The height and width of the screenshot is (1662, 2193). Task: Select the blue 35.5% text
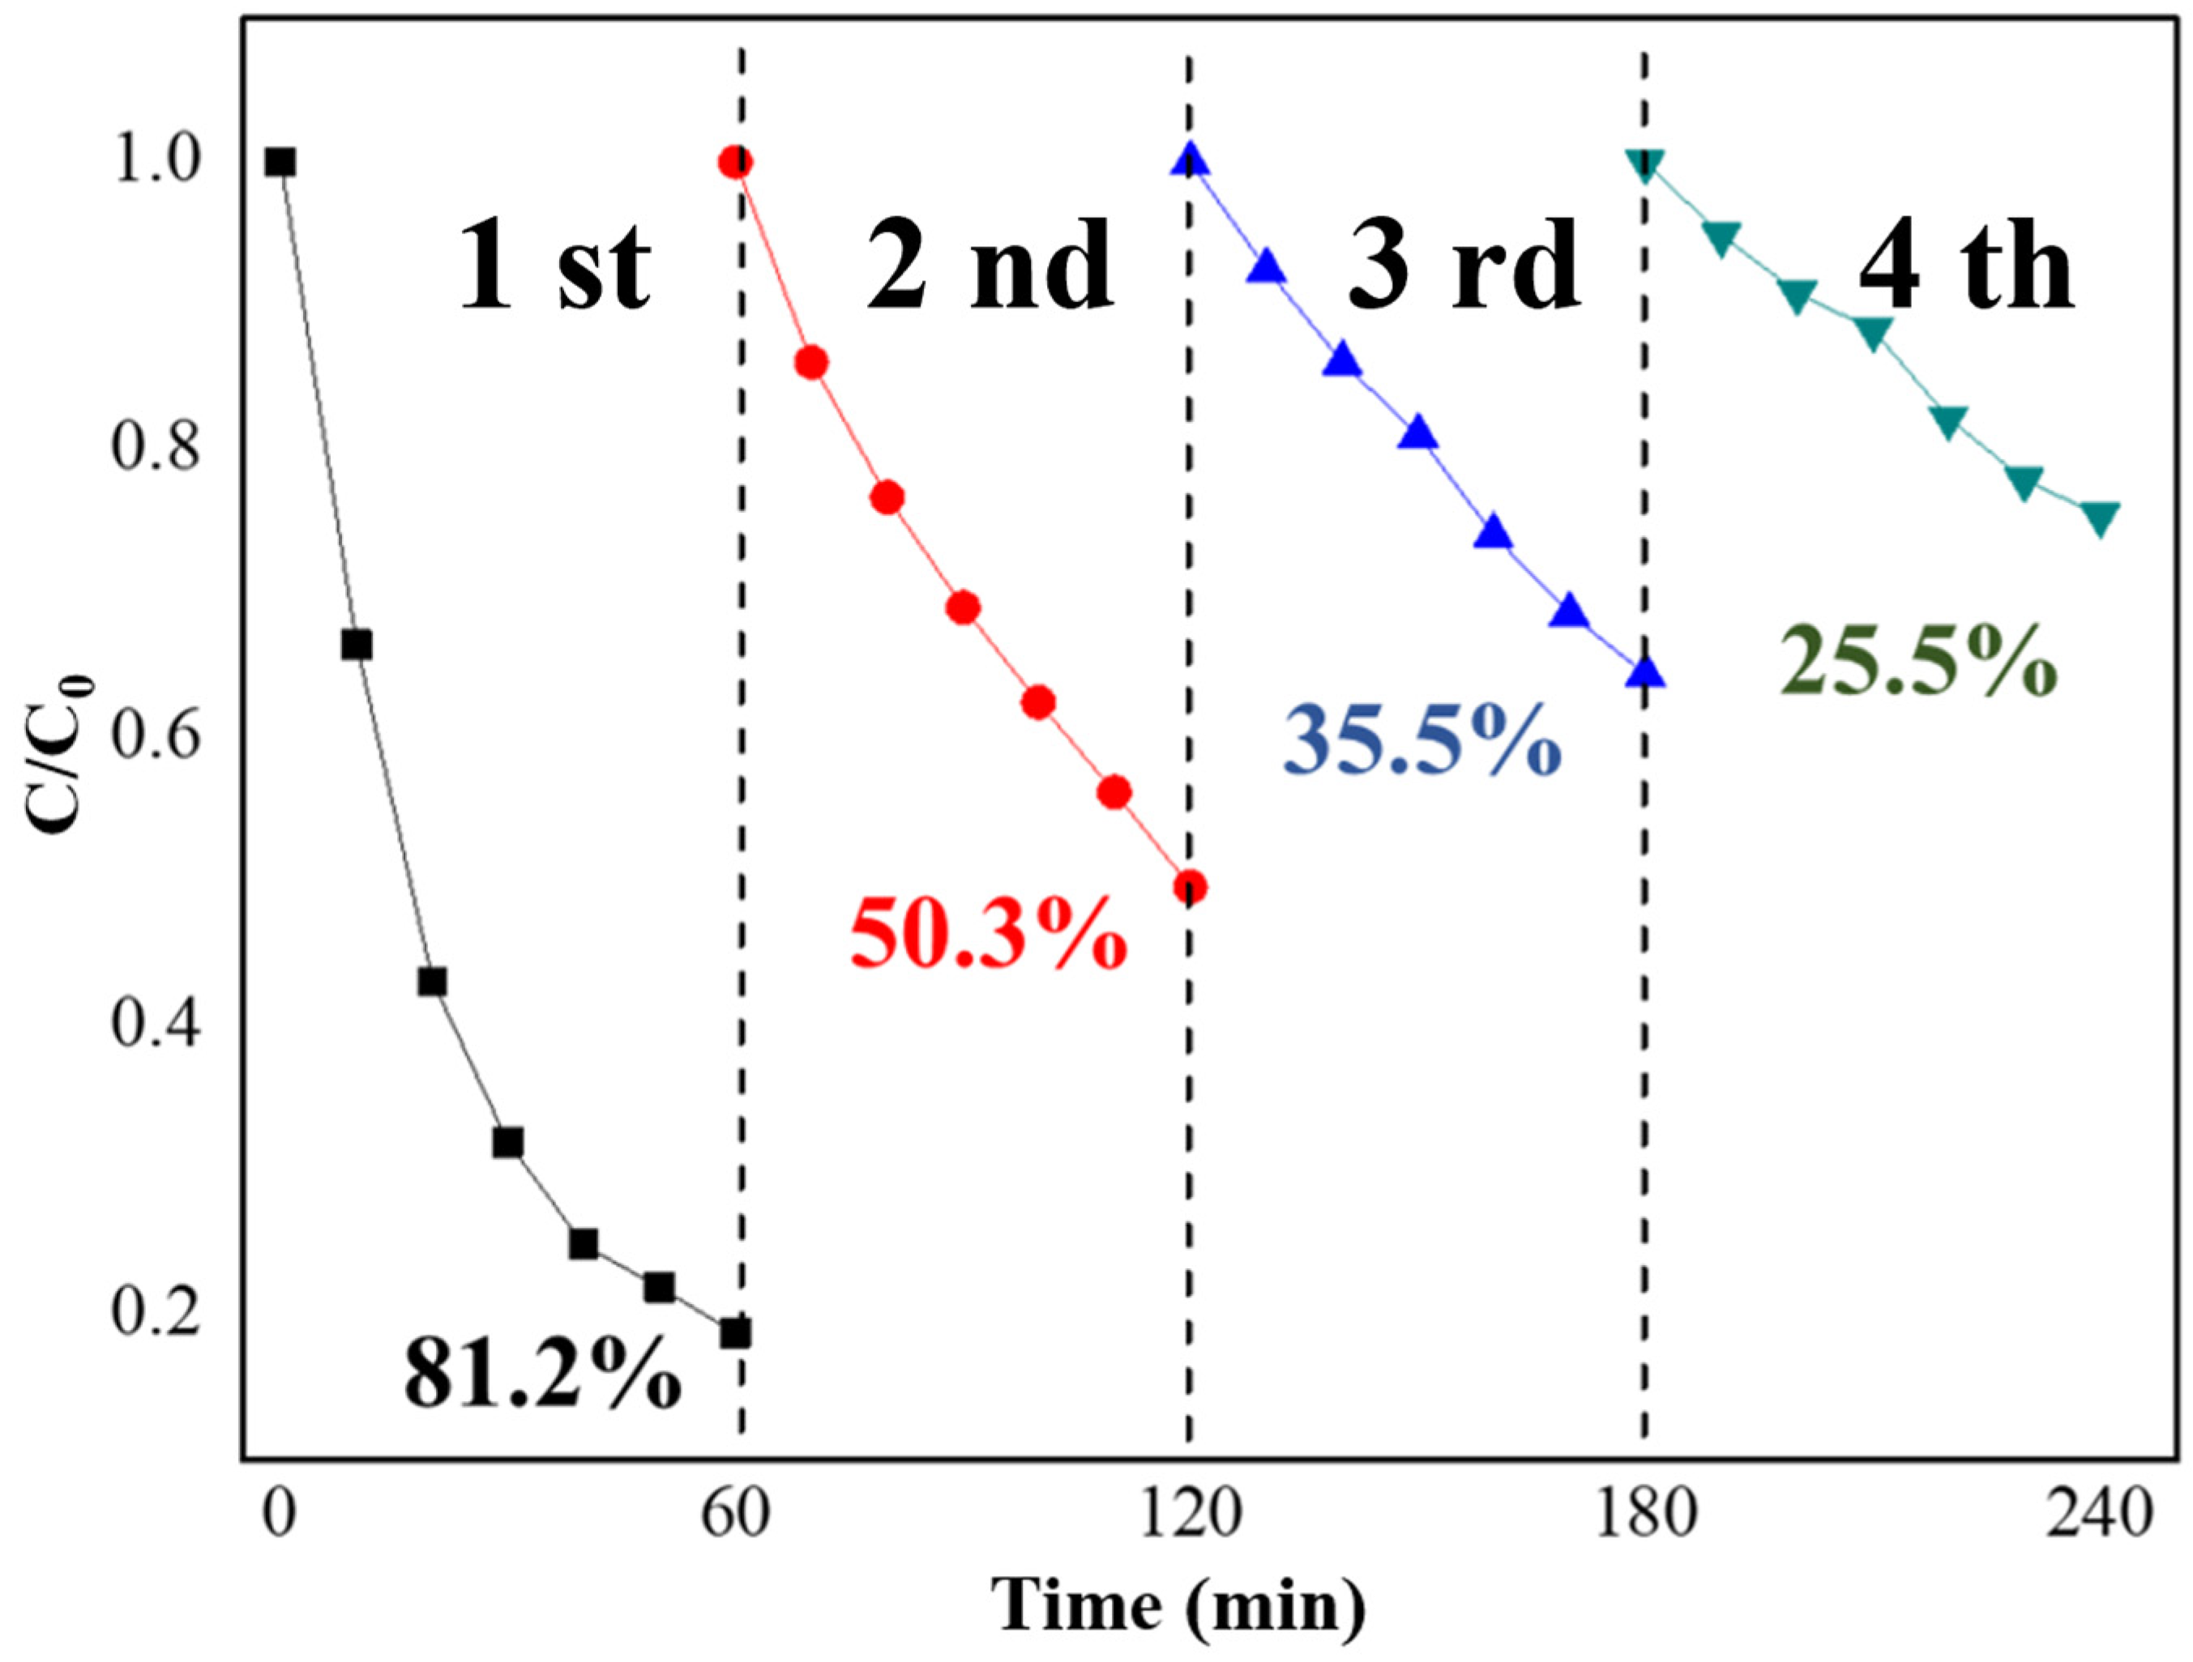click(1421, 740)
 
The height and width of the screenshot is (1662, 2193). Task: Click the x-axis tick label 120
click(1189, 1515)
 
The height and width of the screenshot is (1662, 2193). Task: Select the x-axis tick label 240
click(2100, 1515)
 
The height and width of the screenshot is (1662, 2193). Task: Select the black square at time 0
click(280, 161)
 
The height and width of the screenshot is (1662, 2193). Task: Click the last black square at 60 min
click(734, 1333)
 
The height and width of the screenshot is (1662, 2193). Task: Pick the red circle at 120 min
click(1190, 887)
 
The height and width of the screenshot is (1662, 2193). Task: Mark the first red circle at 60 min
click(734, 161)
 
